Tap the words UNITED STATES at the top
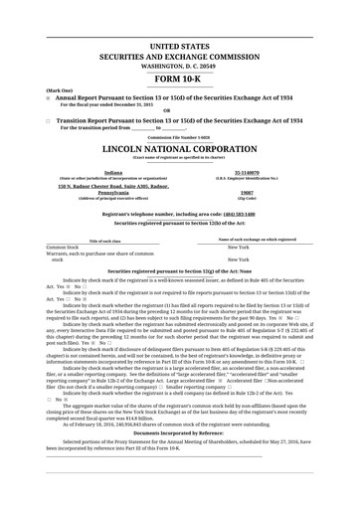(x=180, y=47)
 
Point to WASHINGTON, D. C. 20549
(x=180, y=66)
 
